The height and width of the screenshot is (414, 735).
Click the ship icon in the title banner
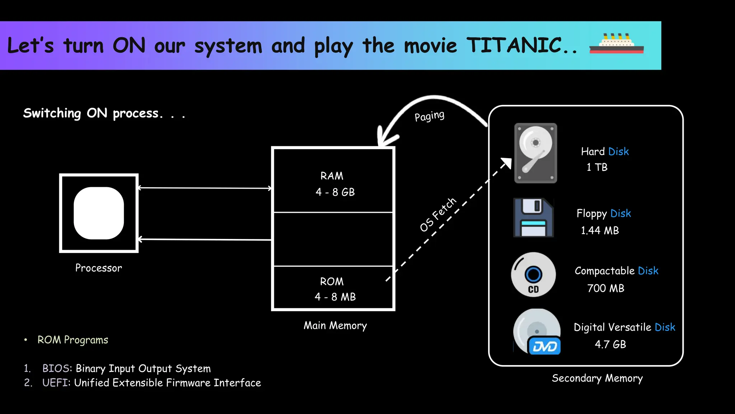(616, 44)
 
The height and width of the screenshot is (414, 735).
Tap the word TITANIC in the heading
(514, 46)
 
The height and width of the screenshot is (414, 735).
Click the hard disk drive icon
(535, 153)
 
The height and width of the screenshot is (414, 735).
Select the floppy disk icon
(533, 217)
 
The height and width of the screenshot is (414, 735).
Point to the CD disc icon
(533, 275)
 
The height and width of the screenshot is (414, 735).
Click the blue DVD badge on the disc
(544, 346)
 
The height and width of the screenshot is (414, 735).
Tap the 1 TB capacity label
(597, 167)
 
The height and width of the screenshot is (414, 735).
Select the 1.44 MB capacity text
(600, 230)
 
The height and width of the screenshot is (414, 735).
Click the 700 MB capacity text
(605, 288)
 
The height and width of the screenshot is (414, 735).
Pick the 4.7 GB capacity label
(610, 344)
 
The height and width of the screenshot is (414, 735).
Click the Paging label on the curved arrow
(429, 116)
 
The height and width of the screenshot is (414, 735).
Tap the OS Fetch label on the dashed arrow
(438, 215)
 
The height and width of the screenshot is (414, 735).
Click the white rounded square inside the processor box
(99, 213)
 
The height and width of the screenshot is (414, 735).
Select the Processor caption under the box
(98, 268)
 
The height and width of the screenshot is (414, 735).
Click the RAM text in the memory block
(332, 176)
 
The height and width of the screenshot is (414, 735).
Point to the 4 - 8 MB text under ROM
(335, 297)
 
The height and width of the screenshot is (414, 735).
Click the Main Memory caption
(335, 326)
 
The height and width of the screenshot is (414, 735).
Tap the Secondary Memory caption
(597, 378)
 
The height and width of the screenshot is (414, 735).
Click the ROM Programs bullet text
(72, 340)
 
